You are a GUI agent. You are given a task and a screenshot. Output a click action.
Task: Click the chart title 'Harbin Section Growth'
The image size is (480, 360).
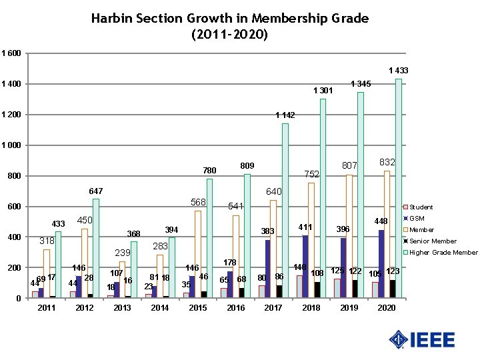coord(229,25)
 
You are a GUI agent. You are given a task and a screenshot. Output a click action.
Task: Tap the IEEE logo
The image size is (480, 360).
coord(422,339)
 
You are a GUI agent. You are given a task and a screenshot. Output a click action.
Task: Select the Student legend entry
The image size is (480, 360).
coord(421,207)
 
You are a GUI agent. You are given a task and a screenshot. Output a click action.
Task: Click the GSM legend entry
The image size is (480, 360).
coord(417,219)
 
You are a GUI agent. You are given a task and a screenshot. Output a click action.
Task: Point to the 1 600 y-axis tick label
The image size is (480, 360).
coord(11,53)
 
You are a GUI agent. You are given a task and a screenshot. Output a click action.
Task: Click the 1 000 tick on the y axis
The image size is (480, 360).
coord(11,145)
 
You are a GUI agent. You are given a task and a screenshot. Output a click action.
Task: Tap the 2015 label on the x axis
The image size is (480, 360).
coord(198,308)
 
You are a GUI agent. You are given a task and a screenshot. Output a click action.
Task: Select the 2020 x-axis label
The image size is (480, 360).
coord(387,308)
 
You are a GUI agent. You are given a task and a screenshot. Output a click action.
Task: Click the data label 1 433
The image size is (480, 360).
coord(398,70)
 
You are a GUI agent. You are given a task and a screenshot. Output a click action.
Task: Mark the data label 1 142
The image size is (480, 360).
coord(285,115)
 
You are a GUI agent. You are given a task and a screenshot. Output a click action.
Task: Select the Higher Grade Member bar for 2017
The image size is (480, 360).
coord(285,210)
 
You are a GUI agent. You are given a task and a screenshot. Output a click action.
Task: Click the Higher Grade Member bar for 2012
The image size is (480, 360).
coord(96,248)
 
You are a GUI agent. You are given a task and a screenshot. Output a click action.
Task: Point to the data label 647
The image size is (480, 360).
coord(96,191)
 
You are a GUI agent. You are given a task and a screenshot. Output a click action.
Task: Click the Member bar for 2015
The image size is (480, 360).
coord(197,254)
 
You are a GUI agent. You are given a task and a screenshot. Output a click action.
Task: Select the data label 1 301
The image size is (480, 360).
coord(323,91)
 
